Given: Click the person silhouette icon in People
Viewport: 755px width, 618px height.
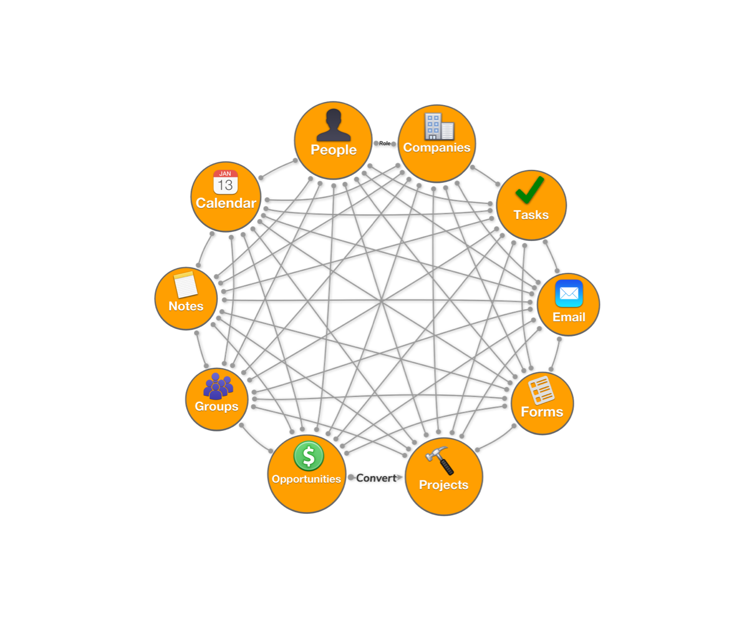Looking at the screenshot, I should (x=333, y=125).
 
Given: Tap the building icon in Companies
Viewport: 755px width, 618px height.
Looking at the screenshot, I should (x=438, y=127).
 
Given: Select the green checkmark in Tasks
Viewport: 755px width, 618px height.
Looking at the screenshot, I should (x=530, y=190).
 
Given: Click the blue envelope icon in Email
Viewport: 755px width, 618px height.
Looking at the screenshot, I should (x=569, y=293).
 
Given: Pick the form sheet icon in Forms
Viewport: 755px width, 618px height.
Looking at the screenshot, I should (x=541, y=389).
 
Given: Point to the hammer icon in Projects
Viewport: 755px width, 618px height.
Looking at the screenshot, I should (x=440, y=460).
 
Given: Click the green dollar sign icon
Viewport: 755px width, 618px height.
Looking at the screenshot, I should (x=308, y=456).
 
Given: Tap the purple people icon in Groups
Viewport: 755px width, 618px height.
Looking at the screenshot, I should (x=218, y=386).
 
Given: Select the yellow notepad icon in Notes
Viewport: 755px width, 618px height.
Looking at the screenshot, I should (x=186, y=284).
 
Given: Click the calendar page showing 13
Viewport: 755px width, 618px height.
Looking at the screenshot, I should (x=225, y=182).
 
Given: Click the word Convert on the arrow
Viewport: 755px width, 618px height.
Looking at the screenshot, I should (x=376, y=478).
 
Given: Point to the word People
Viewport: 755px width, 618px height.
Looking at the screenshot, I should (x=333, y=150).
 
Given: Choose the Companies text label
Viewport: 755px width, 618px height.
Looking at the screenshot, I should (x=437, y=148).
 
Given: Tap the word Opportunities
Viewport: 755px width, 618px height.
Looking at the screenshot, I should (x=306, y=479).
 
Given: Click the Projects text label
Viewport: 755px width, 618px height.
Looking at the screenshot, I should (x=443, y=485).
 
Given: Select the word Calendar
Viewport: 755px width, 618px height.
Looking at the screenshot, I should (x=226, y=203).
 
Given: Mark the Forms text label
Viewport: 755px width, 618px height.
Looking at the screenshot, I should (x=542, y=412).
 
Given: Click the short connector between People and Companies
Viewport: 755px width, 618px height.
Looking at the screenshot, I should (x=385, y=143).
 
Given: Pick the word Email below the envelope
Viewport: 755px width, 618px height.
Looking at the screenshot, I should (x=569, y=317).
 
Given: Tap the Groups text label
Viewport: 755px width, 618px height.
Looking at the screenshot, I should (x=216, y=407).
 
